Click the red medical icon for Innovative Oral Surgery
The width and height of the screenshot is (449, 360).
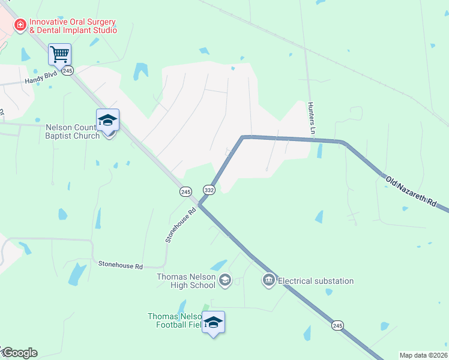pos(20,25)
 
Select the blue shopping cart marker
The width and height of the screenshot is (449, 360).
pos(60,54)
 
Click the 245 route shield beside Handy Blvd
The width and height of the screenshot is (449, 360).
pos(67,71)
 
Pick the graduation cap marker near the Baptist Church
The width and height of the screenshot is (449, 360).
pos(108,120)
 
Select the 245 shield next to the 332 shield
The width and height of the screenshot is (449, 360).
pos(185,191)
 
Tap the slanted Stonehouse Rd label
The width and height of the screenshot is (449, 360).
pos(181,225)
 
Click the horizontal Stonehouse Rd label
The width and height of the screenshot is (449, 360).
pos(121,265)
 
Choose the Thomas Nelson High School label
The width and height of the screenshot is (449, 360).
pos(186,281)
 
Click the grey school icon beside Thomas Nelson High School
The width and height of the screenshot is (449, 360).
pos(225,280)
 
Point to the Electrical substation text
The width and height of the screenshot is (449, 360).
pos(316,281)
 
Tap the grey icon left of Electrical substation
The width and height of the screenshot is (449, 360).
pos(268,280)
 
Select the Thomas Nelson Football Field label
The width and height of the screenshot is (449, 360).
pos(175,321)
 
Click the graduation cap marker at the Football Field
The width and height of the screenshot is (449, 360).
pos(214,322)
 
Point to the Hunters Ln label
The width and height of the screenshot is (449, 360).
pos(312,118)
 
